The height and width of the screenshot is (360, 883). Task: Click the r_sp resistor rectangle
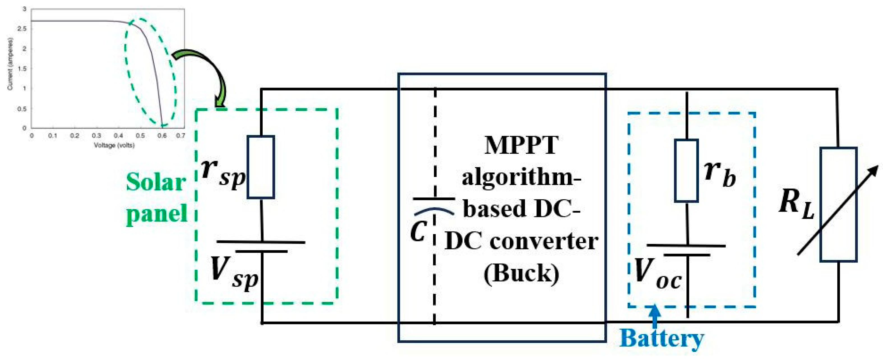(x=260, y=167)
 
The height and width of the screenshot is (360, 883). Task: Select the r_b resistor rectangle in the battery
(x=686, y=170)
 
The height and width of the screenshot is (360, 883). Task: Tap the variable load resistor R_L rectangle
(x=838, y=205)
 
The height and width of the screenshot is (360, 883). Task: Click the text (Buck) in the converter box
(x=521, y=273)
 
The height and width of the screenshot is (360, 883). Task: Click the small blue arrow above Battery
(x=655, y=315)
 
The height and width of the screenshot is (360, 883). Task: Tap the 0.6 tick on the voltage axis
(x=162, y=136)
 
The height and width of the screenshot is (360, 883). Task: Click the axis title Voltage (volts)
(x=114, y=145)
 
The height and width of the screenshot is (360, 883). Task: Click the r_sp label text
(x=223, y=171)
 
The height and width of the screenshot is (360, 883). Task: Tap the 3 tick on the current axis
(x=24, y=9)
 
